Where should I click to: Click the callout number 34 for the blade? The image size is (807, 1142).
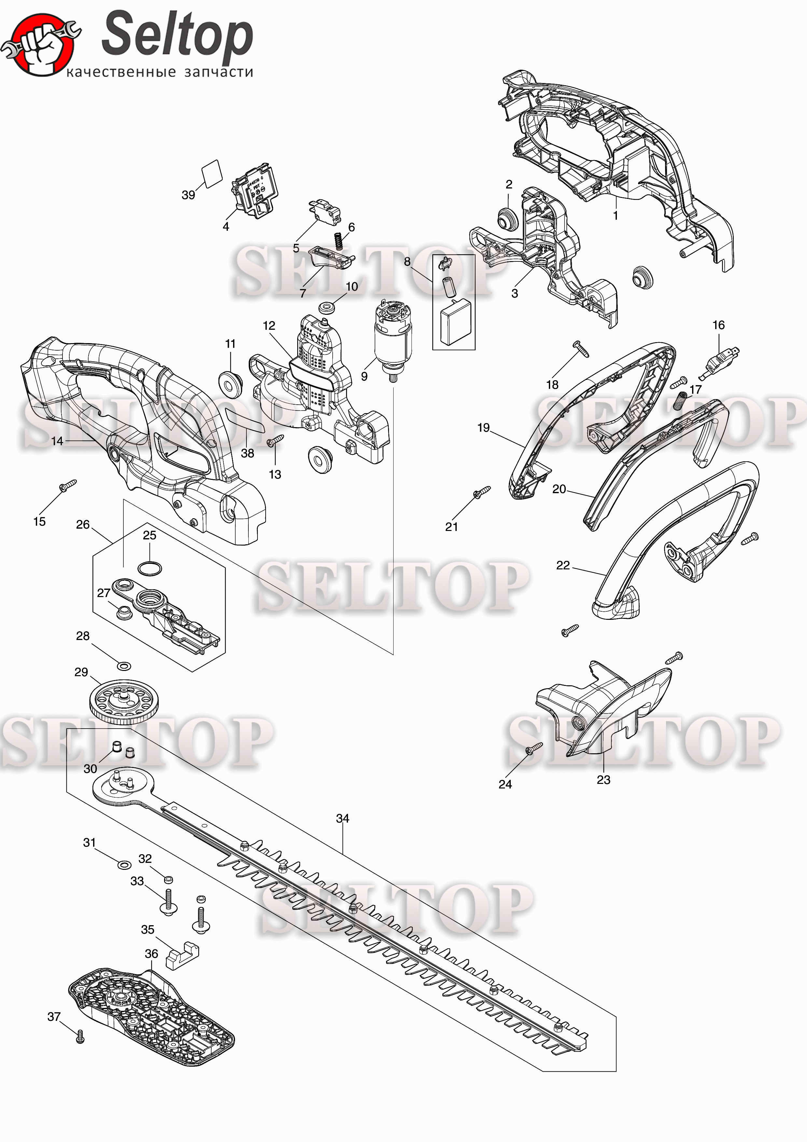coord(342,818)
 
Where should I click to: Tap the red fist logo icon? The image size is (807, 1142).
coord(40,45)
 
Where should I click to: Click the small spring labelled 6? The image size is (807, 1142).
coord(339,242)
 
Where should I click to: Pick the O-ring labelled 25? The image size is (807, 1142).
coord(149,568)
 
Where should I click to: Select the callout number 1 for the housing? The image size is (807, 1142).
coord(616,216)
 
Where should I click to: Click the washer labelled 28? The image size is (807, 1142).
coord(124,665)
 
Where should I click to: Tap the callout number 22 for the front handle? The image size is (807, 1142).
coord(563,565)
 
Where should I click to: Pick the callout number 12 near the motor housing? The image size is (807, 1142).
coord(269,326)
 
